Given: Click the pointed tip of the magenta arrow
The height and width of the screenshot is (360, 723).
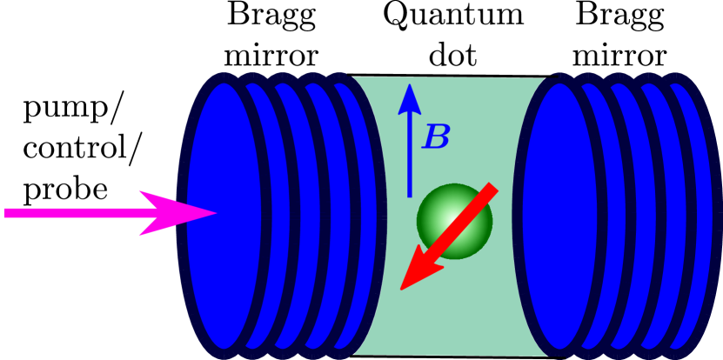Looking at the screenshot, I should (x=214, y=213).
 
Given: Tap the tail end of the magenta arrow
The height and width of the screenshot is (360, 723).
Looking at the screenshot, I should (x=7, y=213).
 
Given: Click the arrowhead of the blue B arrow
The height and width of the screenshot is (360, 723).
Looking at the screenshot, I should (x=410, y=94).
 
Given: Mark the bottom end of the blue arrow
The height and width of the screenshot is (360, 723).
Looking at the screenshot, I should (x=410, y=196).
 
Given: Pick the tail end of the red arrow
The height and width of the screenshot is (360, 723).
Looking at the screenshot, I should (x=492, y=188).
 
